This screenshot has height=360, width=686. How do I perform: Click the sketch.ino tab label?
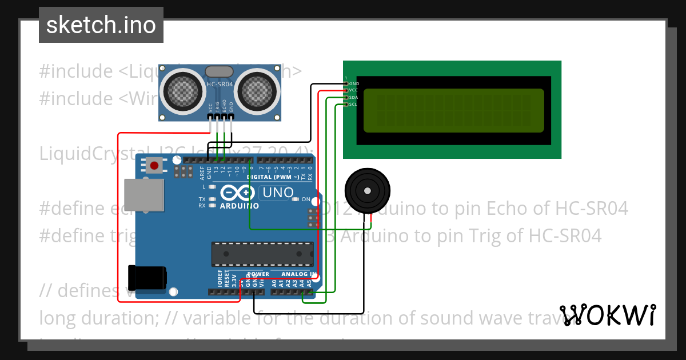[x=101, y=25]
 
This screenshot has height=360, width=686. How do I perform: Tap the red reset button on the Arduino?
[x=154, y=166]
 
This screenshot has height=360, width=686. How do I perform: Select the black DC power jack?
[x=147, y=278]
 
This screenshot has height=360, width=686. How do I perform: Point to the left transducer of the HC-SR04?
[x=184, y=90]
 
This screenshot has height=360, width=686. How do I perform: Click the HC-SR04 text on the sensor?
[x=220, y=85]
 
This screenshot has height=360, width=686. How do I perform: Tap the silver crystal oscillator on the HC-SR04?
[x=219, y=71]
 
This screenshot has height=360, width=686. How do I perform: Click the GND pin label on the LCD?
[x=354, y=83]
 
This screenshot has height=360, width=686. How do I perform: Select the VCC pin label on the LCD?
[x=354, y=90]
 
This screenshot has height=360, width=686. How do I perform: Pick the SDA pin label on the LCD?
[x=354, y=97]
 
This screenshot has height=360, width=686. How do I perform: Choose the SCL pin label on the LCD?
[x=354, y=104]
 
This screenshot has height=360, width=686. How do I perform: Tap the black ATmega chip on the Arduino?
[x=262, y=254]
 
